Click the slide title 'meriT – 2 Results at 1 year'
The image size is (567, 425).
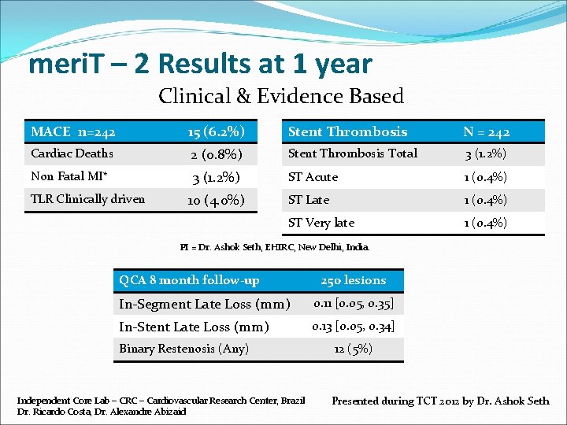click(x=200, y=64)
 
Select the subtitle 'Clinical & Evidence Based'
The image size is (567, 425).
click(x=281, y=97)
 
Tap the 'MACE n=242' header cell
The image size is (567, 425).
click(x=73, y=131)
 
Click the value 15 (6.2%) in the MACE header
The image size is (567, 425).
click(x=216, y=131)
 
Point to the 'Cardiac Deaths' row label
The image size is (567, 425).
click(x=72, y=153)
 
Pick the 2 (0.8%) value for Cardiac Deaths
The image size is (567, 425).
click(x=216, y=154)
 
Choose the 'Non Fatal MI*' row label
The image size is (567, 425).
click(x=69, y=176)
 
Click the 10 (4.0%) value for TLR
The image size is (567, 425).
click(x=216, y=200)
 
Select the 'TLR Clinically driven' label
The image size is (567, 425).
click(x=87, y=199)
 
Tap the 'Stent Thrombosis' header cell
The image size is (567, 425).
click(x=347, y=131)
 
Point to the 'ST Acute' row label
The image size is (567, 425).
click(x=313, y=177)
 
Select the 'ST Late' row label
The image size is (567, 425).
click(x=309, y=200)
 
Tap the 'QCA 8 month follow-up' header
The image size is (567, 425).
click(x=189, y=280)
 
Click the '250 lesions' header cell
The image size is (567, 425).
click(x=353, y=280)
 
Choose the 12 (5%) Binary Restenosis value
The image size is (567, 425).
click(x=353, y=349)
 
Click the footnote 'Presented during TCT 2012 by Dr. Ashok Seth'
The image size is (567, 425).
click(x=440, y=401)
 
